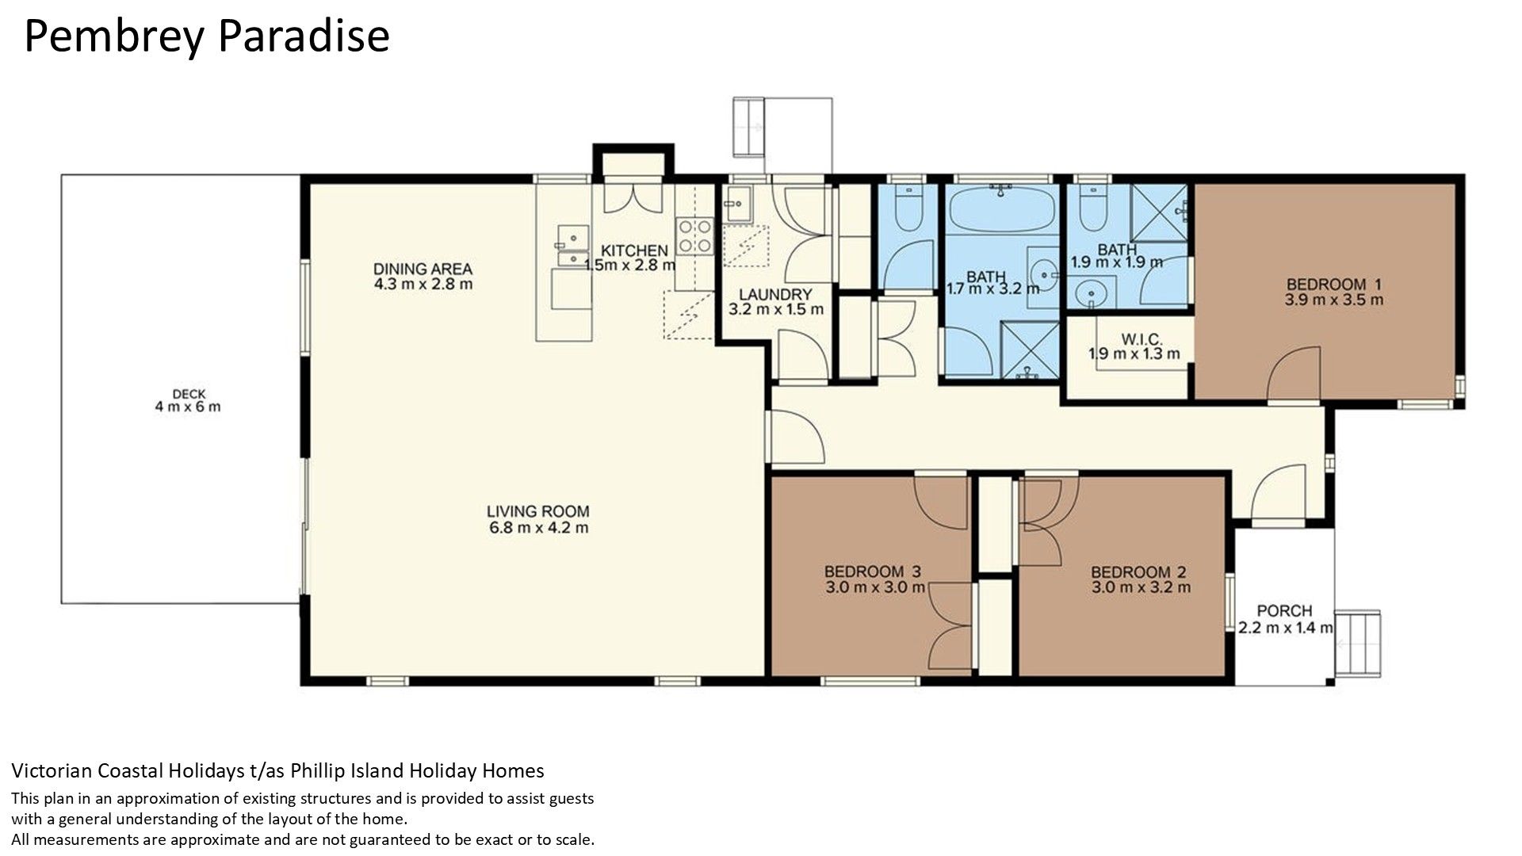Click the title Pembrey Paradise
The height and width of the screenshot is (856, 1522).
coord(207,37)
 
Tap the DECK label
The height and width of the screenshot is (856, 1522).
coord(189,394)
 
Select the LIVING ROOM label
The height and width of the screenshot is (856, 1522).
coord(538,512)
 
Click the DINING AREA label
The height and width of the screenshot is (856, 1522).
coord(423,269)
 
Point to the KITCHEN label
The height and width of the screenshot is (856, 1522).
coord(634,251)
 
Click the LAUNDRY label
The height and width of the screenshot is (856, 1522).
coord(776,294)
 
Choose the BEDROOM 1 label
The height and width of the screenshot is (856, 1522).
coord(1334,285)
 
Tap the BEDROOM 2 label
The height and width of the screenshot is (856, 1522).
coord(1139,572)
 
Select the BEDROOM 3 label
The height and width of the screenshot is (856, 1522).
coord(873,571)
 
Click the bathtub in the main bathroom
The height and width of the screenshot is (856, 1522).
coord(1003,208)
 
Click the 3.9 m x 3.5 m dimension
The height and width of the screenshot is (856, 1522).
coord(1334,300)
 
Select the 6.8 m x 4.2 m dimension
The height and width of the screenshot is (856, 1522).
coord(538,528)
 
